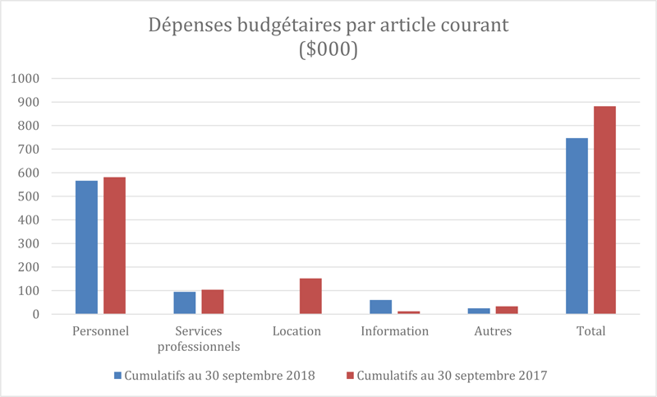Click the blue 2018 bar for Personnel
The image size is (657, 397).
click(x=86, y=247)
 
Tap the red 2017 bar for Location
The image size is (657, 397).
click(x=310, y=296)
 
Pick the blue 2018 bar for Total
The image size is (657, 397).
click(x=577, y=225)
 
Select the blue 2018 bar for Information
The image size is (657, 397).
click(x=380, y=307)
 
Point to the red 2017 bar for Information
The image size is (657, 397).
click(x=408, y=312)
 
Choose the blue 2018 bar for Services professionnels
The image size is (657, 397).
click(x=185, y=302)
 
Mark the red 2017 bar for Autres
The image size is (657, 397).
click(x=507, y=310)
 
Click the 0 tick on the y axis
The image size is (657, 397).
click(x=36, y=314)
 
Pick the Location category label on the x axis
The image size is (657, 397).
click(x=296, y=331)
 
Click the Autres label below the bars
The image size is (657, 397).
click(x=493, y=331)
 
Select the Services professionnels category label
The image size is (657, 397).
click(x=199, y=339)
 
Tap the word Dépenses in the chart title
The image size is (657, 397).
click(x=189, y=25)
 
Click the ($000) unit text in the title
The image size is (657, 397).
click(x=328, y=49)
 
